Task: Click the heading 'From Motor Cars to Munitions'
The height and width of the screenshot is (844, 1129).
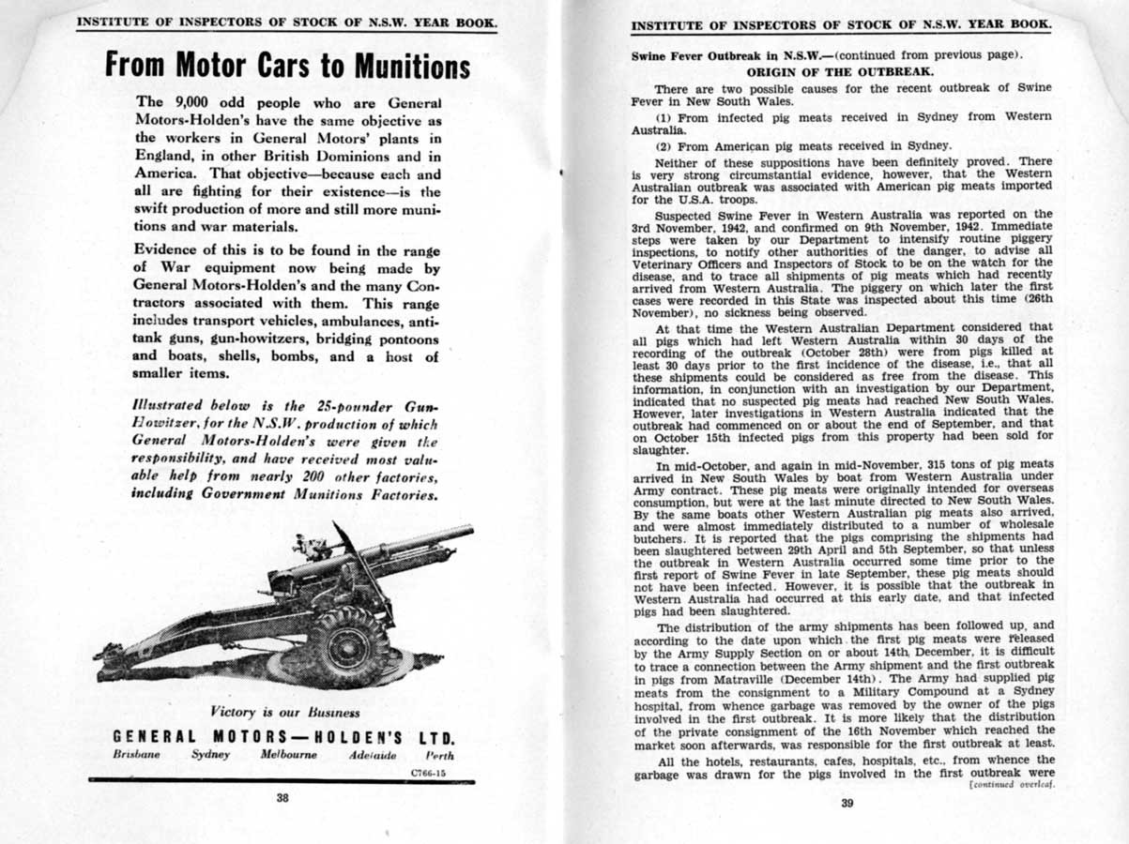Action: tap(287, 66)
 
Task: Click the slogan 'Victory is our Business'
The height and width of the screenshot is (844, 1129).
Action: tap(286, 713)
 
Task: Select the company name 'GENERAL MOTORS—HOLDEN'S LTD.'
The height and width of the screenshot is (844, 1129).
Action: tap(285, 737)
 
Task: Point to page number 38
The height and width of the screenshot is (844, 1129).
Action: tap(282, 799)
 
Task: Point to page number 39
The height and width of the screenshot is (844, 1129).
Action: tap(847, 802)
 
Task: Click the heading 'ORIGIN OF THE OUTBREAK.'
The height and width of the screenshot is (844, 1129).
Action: tap(840, 70)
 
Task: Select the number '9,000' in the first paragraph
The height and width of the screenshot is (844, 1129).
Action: tap(194, 102)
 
